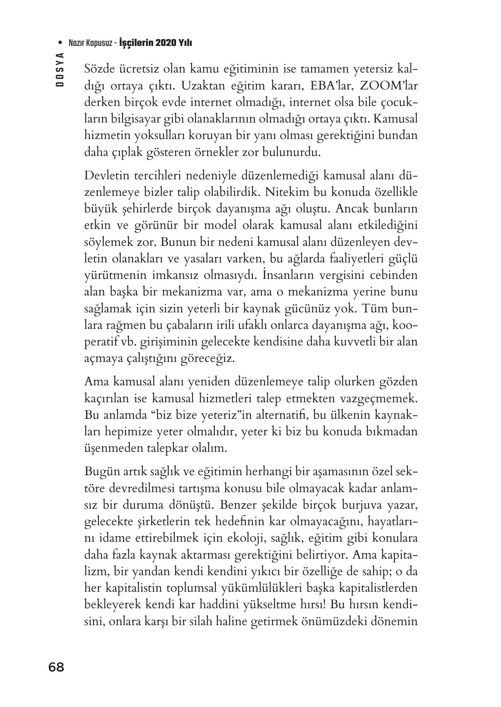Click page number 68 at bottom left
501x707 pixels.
(56, 667)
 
